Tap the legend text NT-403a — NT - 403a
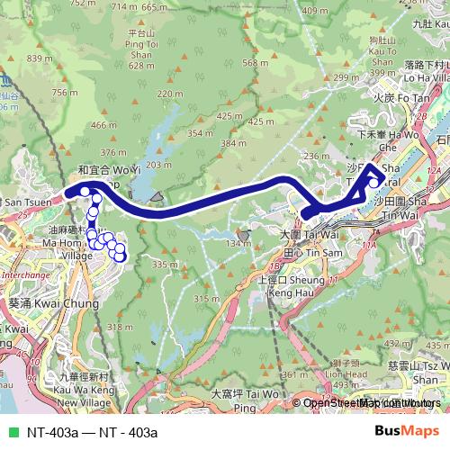pyautogui.click(x=85, y=432)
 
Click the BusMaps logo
pyautogui.click(x=407, y=431)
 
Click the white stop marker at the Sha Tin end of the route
pyautogui.click(x=373, y=183)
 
